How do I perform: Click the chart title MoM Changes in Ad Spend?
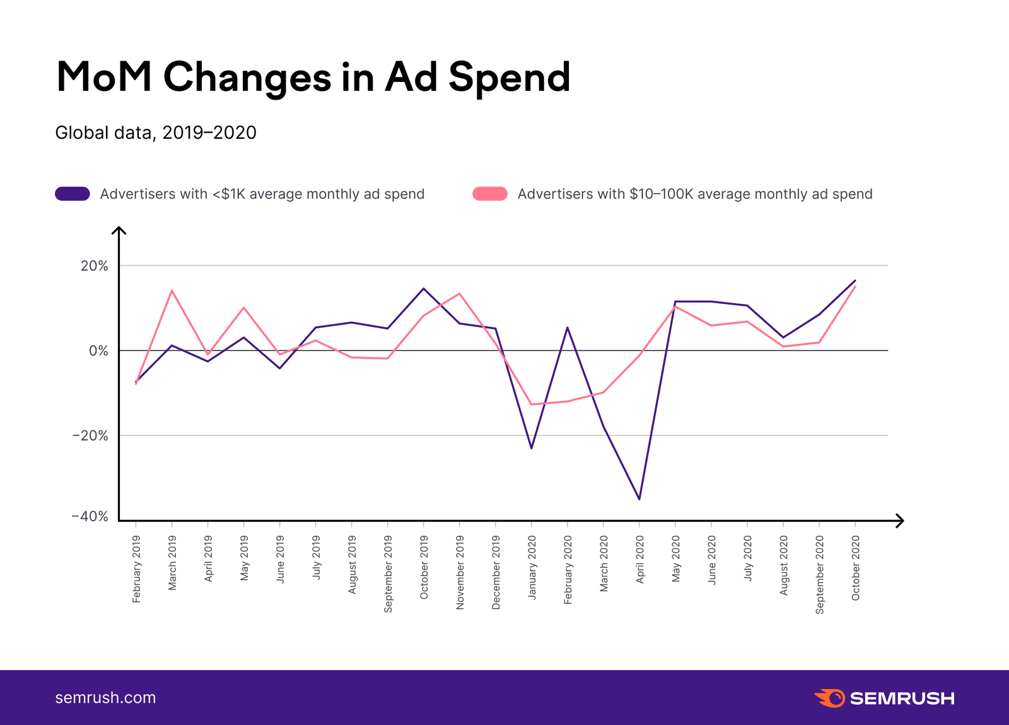tap(313, 77)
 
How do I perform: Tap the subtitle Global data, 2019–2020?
tap(156, 132)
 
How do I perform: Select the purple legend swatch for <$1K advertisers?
tap(73, 194)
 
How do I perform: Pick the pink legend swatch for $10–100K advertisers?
tap(490, 194)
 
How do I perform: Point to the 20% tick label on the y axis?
tap(95, 266)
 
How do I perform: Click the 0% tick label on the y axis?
tap(98, 351)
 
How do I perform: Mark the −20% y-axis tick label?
tap(91, 436)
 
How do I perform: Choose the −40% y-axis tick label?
tap(91, 517)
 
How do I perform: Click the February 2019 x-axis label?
tap(137, 569)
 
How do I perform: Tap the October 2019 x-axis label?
tap(424, 567)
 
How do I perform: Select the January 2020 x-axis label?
tap(532, 567)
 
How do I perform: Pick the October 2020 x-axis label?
tap(856, 567)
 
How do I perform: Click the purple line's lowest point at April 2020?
tap(639, 499)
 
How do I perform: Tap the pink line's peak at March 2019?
tap(172, 291)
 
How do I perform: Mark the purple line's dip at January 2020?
tap(531, 448)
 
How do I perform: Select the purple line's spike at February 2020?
tap(568, 327)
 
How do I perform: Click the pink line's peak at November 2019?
tap(459, 293)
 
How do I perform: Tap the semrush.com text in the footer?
tap(105, 698)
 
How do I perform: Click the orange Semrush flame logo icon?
tap(829, 698)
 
